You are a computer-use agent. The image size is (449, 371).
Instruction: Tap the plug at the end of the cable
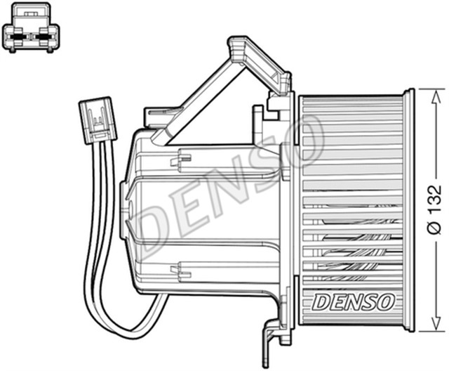pos(97,121)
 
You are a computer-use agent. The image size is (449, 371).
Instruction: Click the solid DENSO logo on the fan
pos(353,302)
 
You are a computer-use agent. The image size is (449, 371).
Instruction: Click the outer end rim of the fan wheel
pos(408,211)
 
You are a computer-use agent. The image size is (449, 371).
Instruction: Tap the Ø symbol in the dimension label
pos(435,228)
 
